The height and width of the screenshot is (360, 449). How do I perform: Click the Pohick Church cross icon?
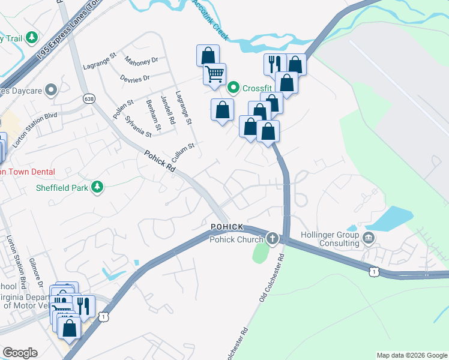273,239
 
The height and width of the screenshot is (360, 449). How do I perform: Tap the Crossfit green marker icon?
234,88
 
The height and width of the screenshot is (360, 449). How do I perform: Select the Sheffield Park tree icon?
96,188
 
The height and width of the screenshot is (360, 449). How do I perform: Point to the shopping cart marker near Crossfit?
214,74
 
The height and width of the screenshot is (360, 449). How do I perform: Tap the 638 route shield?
89,98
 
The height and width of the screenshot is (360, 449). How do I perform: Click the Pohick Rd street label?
160,161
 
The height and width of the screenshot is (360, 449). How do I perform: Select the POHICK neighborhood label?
227,227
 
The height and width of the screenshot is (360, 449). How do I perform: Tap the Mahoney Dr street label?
141,61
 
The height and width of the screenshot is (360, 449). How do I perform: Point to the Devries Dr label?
134,79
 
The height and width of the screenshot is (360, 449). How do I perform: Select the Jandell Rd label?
167,110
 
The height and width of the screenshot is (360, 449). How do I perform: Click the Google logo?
20,353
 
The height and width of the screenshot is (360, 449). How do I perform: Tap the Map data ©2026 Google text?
411,355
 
